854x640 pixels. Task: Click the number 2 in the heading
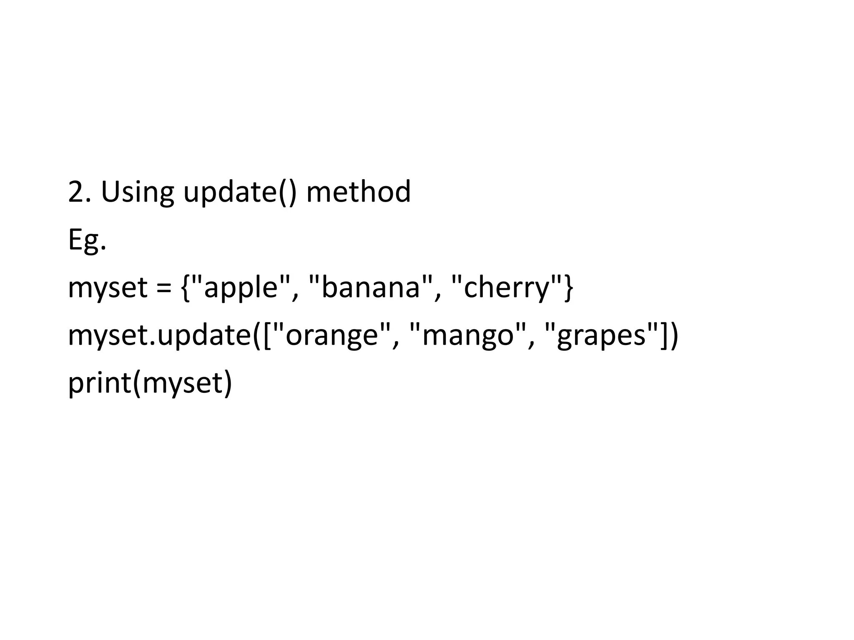click(x=76, y=192)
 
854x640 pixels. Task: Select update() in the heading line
click(x=240, y=192)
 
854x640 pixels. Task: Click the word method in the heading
click(x=359, y=192)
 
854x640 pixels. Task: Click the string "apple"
click(x=241, y=288)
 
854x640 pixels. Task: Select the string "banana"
click(x=371, y=288)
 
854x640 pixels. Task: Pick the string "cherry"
click(x=506, y=288)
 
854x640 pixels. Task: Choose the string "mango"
click(x=467, y=336)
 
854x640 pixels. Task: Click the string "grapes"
click(x=601, y=336)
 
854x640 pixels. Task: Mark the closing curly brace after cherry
click(x=569, y=288)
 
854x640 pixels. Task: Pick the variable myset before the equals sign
click(x=108, y=288)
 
